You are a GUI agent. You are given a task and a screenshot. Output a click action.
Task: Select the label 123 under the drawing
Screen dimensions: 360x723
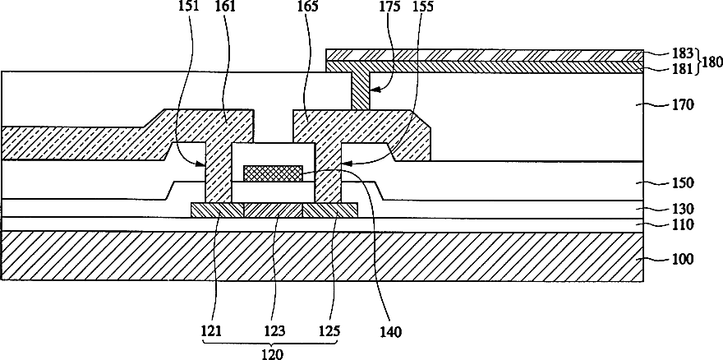click(274, 333)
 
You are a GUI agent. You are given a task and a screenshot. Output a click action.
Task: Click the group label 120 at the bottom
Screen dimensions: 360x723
click(272, 355)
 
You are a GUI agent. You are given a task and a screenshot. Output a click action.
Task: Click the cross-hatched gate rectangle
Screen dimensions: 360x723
click(274, 173)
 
